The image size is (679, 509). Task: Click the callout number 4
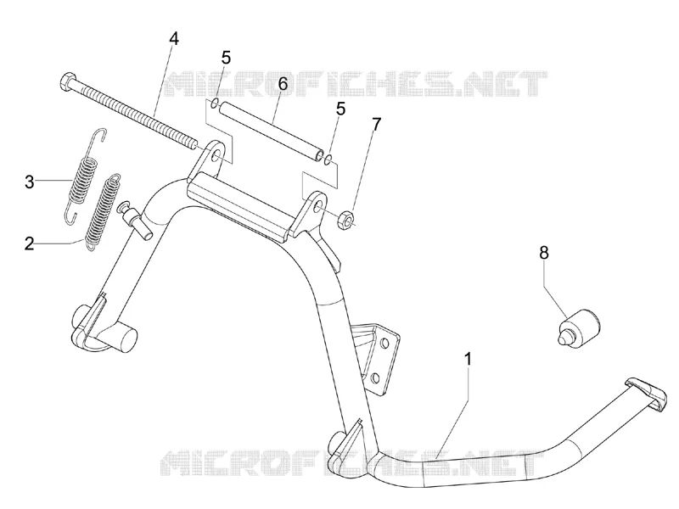click(x=173, y=38)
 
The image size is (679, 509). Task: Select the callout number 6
click(x=283, y=83)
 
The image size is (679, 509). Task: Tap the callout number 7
click(x=376, y=124)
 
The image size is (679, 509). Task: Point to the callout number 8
click(x=544, y=252)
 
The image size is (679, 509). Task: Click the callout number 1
click(x=469, y=359)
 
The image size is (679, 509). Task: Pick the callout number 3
click(x=29, y=182)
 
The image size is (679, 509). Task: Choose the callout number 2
click(x=29, y=244)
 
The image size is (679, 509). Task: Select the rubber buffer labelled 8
click(x=577, y=328)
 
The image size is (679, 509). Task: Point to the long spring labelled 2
click(x=102, y=211)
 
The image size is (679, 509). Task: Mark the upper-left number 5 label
click(x=226, y=57)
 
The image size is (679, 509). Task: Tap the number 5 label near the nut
click(x=341, y=109)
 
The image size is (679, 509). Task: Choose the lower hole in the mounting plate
click(x=376, y=378)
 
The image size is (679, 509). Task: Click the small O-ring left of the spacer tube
click(x=215, y=103)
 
